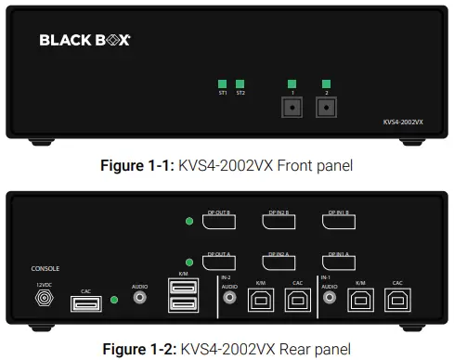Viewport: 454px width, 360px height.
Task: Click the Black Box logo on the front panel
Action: tap(84, 40)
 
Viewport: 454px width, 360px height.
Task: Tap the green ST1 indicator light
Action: tap(223, 83)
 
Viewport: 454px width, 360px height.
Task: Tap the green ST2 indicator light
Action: tap(240, 83)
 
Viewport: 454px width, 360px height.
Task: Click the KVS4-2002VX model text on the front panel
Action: tap(403, 121)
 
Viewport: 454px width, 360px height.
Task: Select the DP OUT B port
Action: tap(219, 222)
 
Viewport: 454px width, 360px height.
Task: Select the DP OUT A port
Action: tap(219, 263)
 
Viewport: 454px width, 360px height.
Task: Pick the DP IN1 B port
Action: tap(340, 222)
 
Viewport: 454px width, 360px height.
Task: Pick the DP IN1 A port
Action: tap(340, 263)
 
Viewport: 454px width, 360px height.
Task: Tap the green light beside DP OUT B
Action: tap(189, 222)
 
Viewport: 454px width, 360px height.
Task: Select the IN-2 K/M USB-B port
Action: tap(260, 299)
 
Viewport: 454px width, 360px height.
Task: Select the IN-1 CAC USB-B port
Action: tap(397, 299)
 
